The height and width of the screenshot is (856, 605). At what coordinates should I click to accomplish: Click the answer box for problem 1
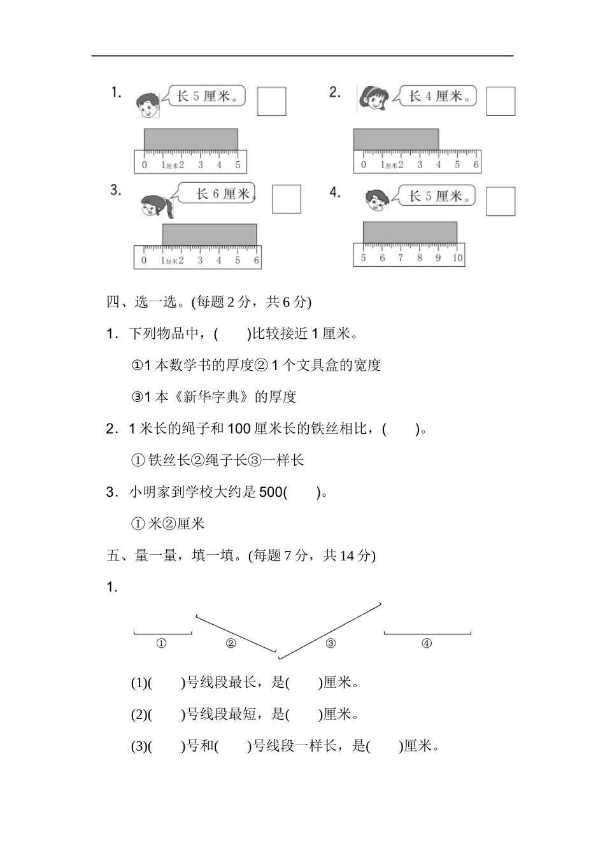click(x=271, y=101)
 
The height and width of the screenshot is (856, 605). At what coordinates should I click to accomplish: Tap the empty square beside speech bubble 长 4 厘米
click(x=501, y=101)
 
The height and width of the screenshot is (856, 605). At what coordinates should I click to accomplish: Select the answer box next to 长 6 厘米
click(x=286, y=199)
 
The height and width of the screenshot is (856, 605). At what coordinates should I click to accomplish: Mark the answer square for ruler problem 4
click(x=501, y=201)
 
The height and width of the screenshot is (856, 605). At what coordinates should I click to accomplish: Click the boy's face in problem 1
click(x=147, y=106)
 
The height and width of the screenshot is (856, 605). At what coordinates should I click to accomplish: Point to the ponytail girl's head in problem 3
click(x=157, y=206)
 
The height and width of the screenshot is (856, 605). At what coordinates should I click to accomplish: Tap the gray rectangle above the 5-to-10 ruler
click(x=409, y=232)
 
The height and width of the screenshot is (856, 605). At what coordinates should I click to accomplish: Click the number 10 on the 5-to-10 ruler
click(x=457, y=258)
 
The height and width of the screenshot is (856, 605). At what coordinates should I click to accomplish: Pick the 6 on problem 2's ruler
click(x=476, y=165)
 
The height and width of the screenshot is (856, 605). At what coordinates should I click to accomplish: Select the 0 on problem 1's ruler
click(x=144, y=165)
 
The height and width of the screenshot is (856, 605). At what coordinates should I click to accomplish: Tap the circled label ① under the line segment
click(x=161, y=643)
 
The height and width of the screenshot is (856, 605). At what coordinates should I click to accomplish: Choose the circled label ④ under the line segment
click(x=427, y=643)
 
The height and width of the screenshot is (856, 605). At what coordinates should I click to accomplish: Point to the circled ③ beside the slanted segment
click(x=331, y=643)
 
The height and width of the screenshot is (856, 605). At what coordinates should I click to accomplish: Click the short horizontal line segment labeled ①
click(x=163, y=634)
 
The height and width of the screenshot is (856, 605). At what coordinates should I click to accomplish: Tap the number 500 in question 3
click(x=271, y=492)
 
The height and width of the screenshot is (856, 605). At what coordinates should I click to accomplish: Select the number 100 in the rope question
click(x=239, y=429)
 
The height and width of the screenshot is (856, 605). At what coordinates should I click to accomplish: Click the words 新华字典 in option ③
click(x=211, y=397)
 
